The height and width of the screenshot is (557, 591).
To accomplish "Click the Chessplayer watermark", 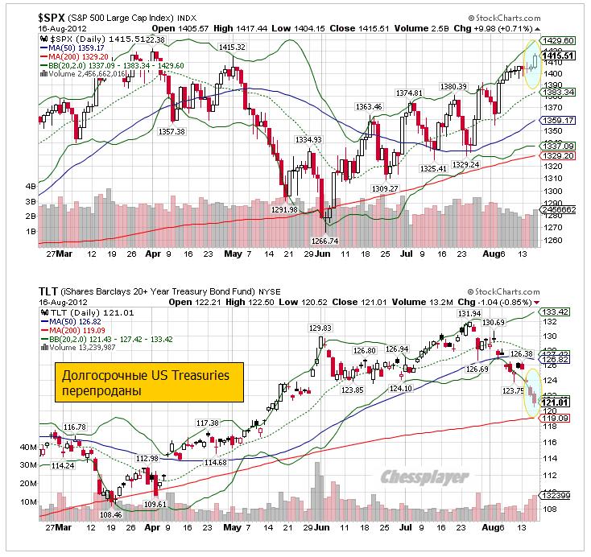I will (426, 477).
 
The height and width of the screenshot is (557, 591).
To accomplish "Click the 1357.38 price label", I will (172, 131).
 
